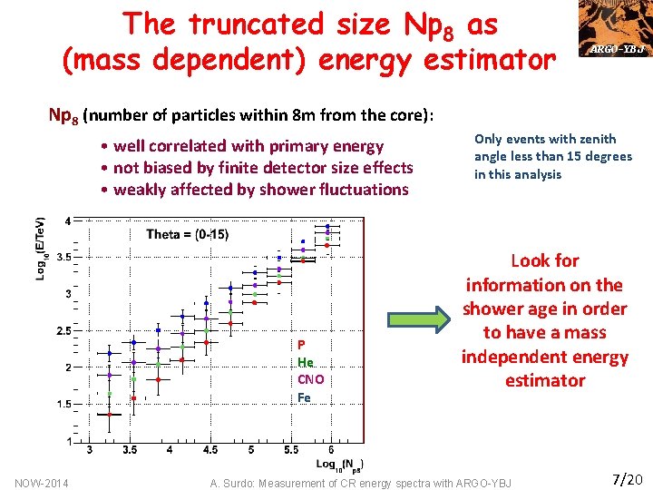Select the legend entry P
[301, 345]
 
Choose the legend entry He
[305, 362]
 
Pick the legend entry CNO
[310, 379]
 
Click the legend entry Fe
[304, 397]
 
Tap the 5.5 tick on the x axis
[291, 450]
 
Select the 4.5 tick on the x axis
[210, 450]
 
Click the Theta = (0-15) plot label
[187, 234]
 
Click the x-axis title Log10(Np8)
[340, 464]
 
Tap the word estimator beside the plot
[544, 381]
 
